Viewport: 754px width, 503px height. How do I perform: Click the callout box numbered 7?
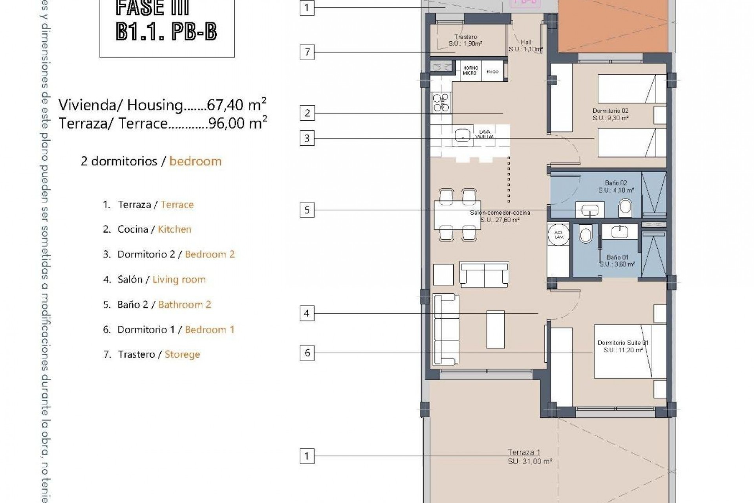tap(307, 52)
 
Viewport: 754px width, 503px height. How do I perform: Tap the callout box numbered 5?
tap(307, 210)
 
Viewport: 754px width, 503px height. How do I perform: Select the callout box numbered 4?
tap(307, 314)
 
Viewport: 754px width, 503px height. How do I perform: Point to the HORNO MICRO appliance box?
tap(470, 70)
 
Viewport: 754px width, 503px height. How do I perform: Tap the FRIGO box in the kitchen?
tap(492, 72)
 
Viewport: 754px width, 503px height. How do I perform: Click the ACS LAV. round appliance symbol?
tap(558, 235)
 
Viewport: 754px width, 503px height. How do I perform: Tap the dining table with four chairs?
tap(458, 215)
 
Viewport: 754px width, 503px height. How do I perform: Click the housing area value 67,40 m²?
tap(237, 105)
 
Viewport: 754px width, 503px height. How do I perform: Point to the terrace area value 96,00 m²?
tap(238, 123)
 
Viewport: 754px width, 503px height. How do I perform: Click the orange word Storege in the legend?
tap(182, 354)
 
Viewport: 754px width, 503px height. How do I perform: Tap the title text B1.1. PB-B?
tap(166, 31)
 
